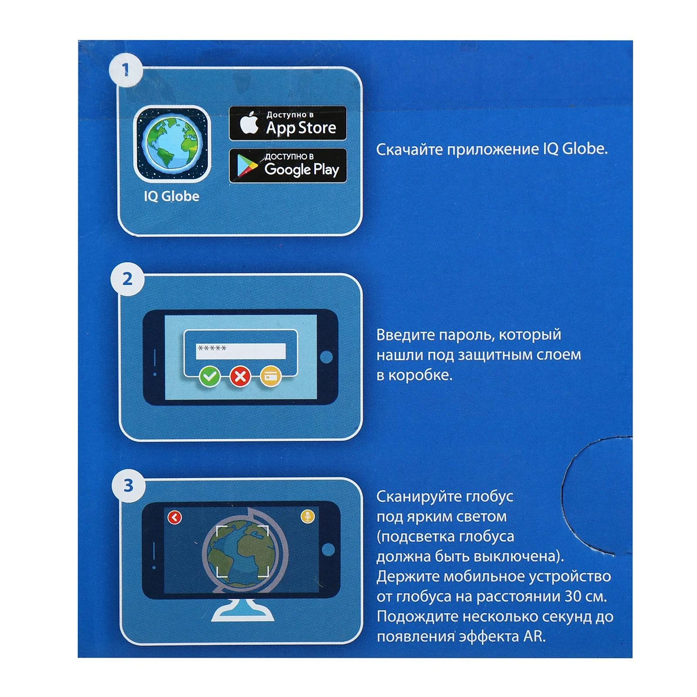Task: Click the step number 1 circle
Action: pyautogui.click(x=125, y=70)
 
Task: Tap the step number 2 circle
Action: pyautogui.click(x=127, y=279)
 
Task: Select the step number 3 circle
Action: pyautogui.click(x=128, y=486)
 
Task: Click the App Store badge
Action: pyautogui.click(x=288, y=123)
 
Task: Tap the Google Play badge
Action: pyautogui.click(x=288, y=166)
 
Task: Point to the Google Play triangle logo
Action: pyautogui.click(x=247, y=166)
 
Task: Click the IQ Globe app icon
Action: pyautogui.click(x=172, y=144)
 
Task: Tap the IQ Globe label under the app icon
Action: pyautogui.click(x=171, y=196)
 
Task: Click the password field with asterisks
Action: pyautogui.click(x=240, y=351)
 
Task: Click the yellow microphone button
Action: pyautogui.click(x=307, y=516)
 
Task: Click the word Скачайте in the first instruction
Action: pyautogui.click(x=409, y=149)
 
